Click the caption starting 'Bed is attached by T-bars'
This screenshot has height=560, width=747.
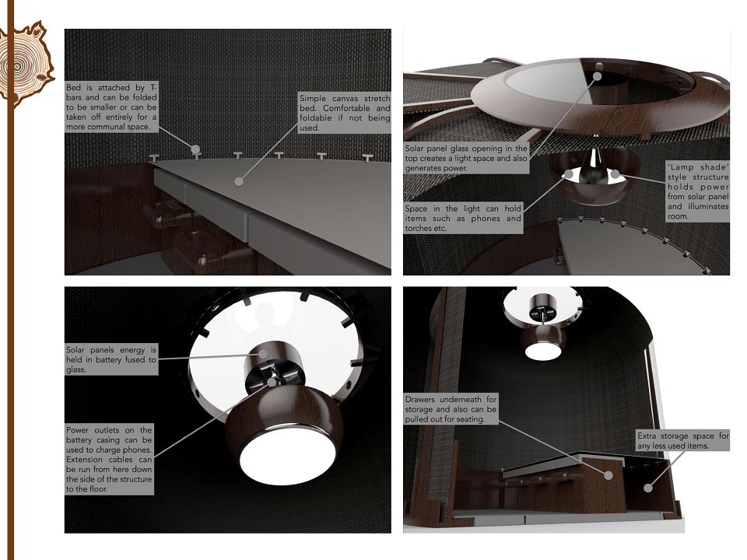[x=111, y=107]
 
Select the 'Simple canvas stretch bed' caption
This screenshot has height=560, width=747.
[x=345, y=113]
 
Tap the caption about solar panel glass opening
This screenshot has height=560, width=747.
[x=466, y=158]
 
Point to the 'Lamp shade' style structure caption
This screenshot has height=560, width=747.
[x=697, y=191]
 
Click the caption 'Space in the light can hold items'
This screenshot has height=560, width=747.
[x=463, y=218]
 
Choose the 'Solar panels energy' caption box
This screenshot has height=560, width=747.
[x=111, y=359]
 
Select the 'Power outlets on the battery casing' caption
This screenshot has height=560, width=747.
[x=109, y=460]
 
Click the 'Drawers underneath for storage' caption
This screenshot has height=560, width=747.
[x=451, y=409]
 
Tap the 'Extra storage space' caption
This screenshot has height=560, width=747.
[x=682, y=441]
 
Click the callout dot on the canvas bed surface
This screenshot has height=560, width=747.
[x=239, y=181]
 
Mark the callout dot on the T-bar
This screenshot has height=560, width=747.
[x=195, y=149]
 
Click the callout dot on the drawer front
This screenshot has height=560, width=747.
[x=608, y=474]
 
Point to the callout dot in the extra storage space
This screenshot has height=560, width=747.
[x=648, y=488]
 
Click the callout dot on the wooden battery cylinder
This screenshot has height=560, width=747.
[x=263, y=353]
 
